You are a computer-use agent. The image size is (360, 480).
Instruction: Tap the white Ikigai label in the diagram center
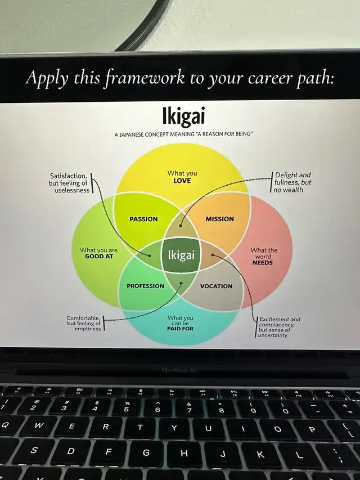tap(181, 255)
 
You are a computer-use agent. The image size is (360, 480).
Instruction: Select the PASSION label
tap(143, 219)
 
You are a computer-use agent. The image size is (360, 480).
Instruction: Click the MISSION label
tap(219, 219)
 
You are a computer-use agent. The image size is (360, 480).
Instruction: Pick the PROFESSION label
tap(145, 286)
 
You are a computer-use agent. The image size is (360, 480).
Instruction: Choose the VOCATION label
tap(216, 286)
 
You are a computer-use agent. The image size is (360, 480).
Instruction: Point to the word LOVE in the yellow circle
tap(182, 181)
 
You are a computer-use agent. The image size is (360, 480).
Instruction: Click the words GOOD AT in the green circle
tap(99, 256)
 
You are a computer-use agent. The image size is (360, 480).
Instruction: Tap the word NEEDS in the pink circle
tap(263, 263)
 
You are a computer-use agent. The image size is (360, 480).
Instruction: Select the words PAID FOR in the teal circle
tap(180, 328)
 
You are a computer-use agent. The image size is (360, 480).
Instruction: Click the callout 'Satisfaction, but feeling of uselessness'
tap(69, 183)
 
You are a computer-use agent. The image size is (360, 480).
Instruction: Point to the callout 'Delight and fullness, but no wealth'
tap(292, 182)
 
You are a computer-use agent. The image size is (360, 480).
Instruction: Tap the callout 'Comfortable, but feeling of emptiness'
tap(84, 323)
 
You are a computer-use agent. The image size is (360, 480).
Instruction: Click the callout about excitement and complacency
tap(280, 327)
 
